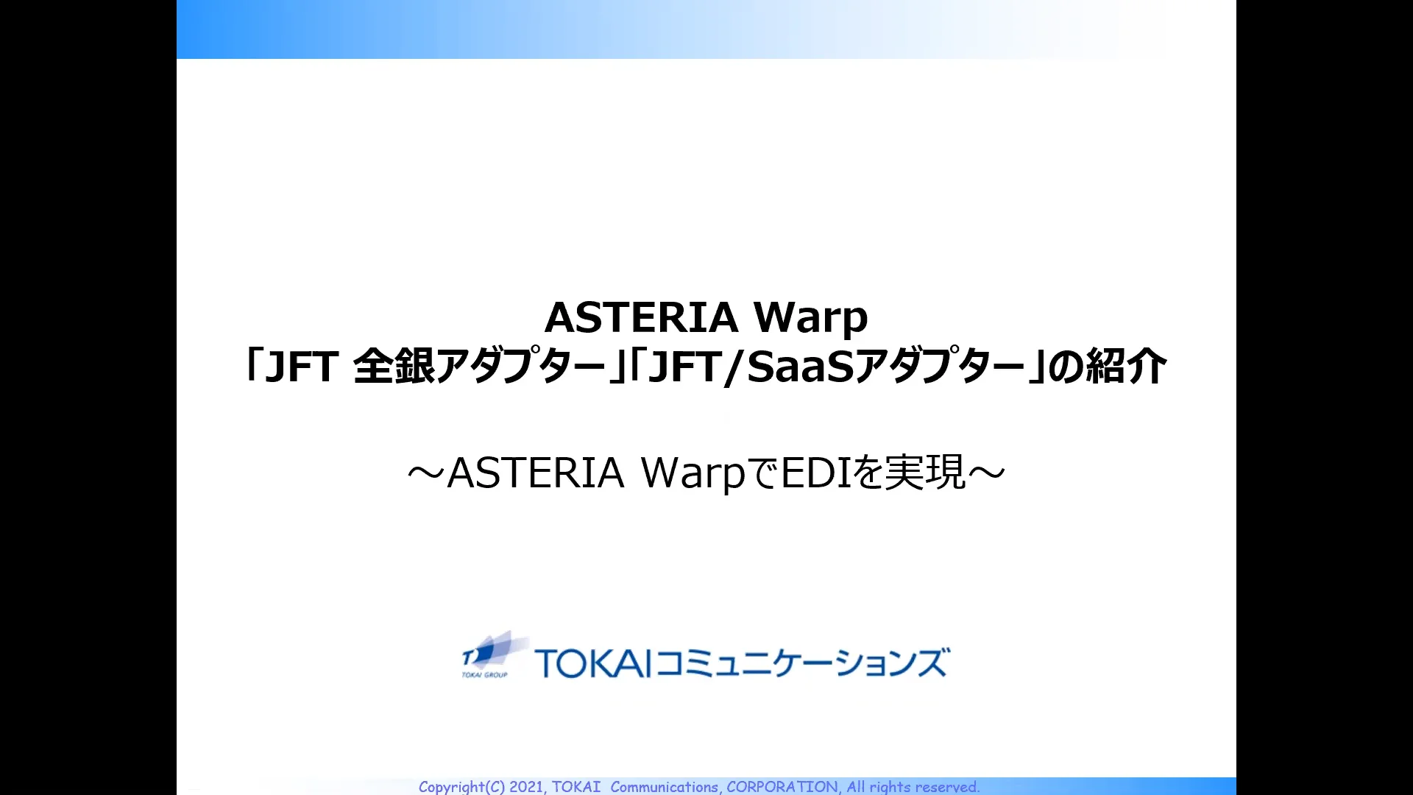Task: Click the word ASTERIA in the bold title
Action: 641,317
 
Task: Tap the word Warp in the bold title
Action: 810,319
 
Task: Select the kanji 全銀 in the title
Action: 394,367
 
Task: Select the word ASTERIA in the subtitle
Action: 536,473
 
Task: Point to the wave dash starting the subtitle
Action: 426,474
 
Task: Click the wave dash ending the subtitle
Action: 987,474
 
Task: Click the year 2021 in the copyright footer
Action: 526,787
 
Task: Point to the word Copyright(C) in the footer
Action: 461,787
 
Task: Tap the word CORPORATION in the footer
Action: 782,787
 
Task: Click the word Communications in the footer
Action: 664,787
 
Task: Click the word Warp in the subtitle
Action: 693,473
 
